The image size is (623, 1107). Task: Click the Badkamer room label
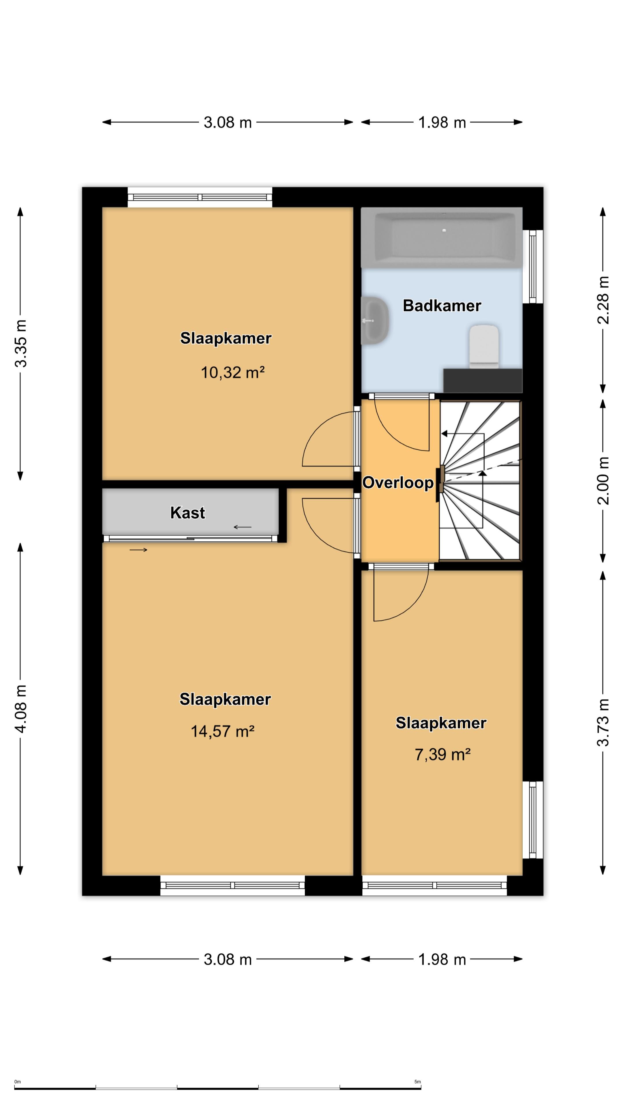click(x=442, y=306)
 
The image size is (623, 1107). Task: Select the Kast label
click(x=187, y=513)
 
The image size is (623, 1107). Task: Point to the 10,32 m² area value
click(x=232, y=372)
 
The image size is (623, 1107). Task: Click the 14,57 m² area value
click(x=223, y=731)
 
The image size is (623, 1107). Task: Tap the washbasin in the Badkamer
click(x=375, y=321)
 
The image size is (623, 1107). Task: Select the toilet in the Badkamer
click(x=484, y=346)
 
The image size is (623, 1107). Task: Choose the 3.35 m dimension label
click(x=20, y=343)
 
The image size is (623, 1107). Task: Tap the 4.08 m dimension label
click(x=20, y=709)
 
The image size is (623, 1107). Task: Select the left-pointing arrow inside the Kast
click(x=243, y=527)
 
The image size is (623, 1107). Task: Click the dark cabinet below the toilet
click(x=483, y=380)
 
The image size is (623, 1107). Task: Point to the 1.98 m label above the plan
click(x=442, y=123)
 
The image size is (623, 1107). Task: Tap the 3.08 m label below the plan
click(x=228, y=959)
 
